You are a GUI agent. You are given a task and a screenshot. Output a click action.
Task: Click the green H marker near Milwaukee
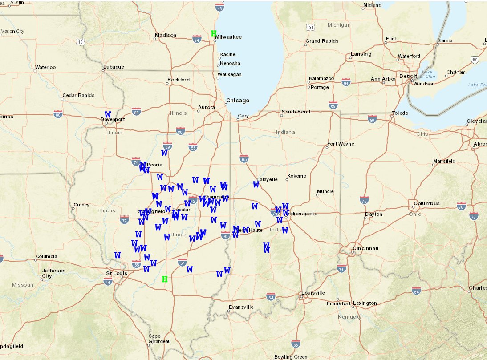[x=214, y=33]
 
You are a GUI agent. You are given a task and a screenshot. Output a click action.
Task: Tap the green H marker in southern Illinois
[x=165, y=279]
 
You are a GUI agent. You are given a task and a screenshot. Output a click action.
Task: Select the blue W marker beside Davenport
[x=108, y=114]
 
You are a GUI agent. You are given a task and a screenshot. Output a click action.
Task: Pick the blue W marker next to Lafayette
[x=256, y=184]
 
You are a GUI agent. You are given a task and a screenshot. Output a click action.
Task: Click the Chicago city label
[x=238, y=100]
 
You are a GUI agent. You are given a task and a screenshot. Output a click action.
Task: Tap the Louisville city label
[x=313, y=293]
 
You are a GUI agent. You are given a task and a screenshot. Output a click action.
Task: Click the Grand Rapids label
[x=321, y=41]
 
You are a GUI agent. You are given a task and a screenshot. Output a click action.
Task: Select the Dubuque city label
[x=114, y=67]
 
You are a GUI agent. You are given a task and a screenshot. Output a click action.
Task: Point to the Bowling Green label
[x=291, y=356]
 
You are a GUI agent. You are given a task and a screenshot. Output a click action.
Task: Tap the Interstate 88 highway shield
[x=136, y=111]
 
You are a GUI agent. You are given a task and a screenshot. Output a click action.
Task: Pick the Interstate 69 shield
[x=333, y=105]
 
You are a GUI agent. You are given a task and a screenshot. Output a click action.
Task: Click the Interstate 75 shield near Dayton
[x=364, y=200]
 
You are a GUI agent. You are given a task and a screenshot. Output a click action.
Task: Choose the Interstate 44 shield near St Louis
[x=107, y=281]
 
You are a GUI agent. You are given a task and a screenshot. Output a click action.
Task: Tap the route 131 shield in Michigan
[x=310, y=28]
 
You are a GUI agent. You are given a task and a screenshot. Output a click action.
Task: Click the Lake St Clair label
[x=427, y=74]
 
